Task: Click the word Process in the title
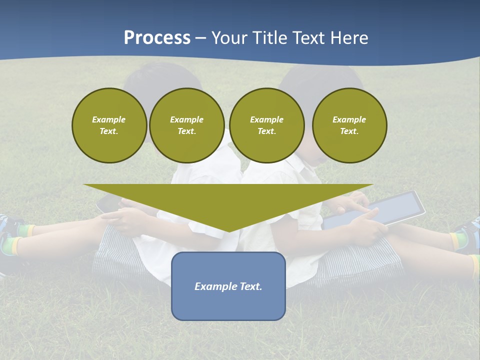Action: [157, 38]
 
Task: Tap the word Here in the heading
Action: [348, 38]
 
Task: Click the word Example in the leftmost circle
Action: [109, 119]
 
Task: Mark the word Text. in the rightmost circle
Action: [349, 131]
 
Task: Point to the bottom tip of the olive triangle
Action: [229, 230]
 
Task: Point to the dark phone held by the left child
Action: [106, 203]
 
